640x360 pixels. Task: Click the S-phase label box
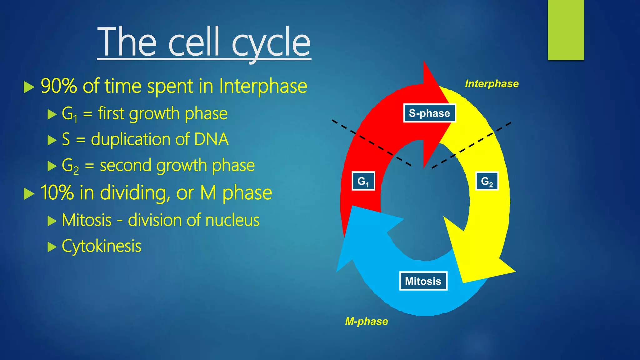(x=429, y=113)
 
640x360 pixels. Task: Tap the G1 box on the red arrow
(x=363, y=181)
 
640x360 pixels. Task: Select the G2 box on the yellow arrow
(x=487, y=181)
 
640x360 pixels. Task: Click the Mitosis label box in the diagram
(x=423, y=281)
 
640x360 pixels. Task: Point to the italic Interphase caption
(x=492, y=84)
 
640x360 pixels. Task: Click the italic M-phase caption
(x=366, y=321)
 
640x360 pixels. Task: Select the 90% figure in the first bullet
(x=59, y=86)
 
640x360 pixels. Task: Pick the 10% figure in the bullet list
(x=57, y=192)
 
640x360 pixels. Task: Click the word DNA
(x=211, y=139)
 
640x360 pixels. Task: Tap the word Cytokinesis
(x=102, y=246)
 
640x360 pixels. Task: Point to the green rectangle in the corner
(x=566, y=30)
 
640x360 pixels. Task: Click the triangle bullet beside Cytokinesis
(x=52, y=247)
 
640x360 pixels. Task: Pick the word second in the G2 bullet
(x=125, y=165)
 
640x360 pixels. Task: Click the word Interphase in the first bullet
(x=263, y=86)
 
